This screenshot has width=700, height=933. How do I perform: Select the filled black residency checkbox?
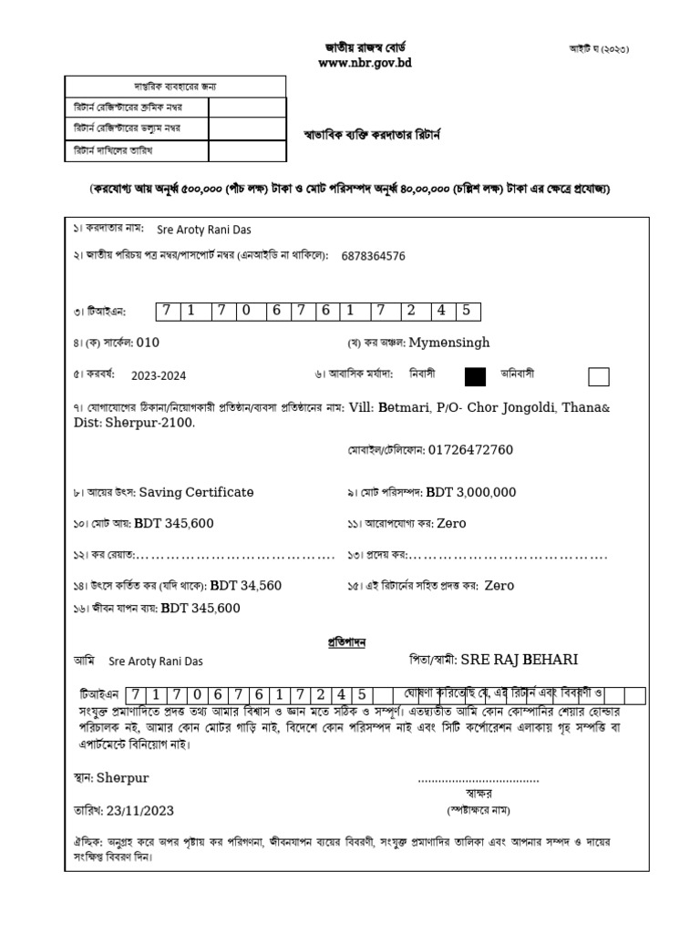coord(475,376)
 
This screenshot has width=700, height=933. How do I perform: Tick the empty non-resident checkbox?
coord(599,376)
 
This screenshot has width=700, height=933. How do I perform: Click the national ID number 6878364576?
coord(374,256)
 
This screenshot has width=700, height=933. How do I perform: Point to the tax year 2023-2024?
coord(158,374)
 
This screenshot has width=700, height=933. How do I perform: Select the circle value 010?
coord(148,343)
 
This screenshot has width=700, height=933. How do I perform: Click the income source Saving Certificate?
coord(196,492)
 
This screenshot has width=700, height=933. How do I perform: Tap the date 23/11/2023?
coord(140,810)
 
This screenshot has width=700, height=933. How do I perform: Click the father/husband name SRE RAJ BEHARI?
coord(520,659)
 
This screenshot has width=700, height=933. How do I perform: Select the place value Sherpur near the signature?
coord(122,778)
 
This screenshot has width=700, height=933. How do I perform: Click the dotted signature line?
coord(479,781)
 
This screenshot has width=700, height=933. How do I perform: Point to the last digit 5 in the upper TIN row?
coord(465,311)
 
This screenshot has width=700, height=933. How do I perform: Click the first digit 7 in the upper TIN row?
coord(167,311)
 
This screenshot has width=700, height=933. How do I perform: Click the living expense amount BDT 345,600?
coord(201,608)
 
